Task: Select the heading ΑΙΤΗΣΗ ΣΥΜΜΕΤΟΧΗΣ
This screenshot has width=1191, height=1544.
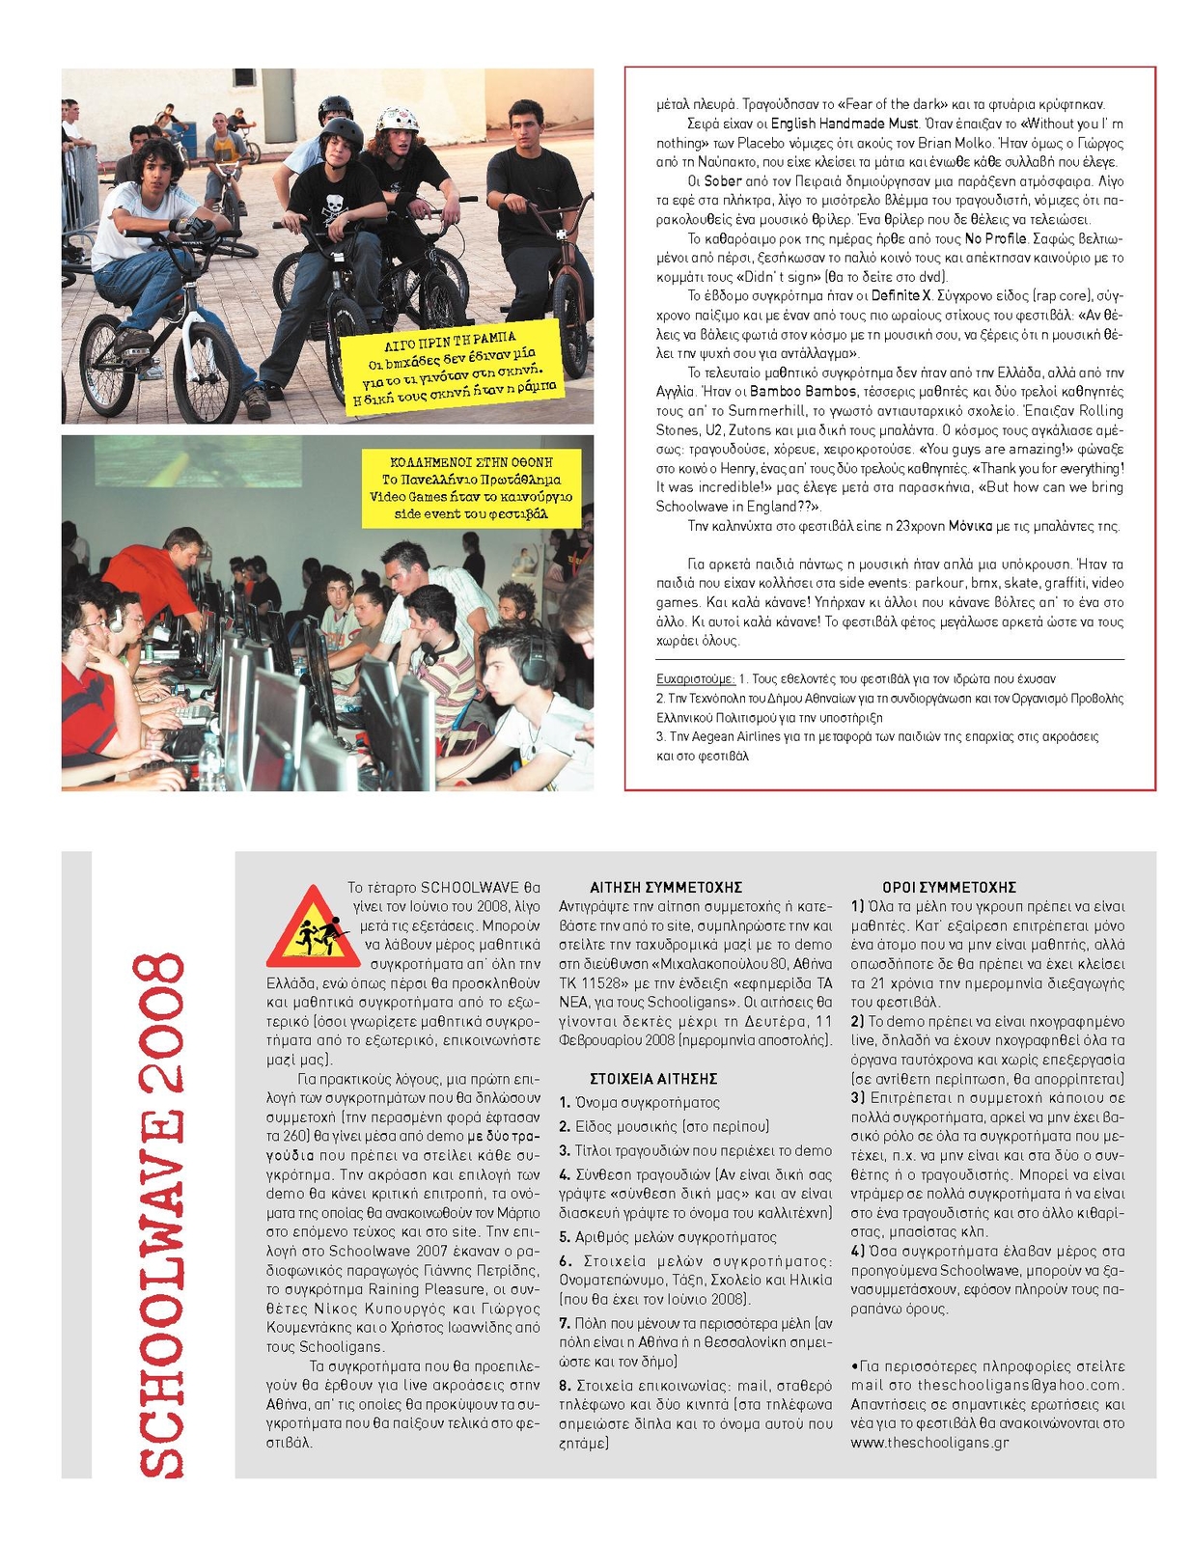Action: [x=666, y=887]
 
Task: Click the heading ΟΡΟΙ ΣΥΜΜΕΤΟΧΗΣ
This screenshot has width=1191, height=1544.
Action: [x=949, y=887]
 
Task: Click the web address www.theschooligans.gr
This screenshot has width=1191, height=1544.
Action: [x=929, y=1443]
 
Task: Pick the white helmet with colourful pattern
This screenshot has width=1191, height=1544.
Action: [x=398, y=120]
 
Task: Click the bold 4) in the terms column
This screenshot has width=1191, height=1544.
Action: [x=857, y=1251]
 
